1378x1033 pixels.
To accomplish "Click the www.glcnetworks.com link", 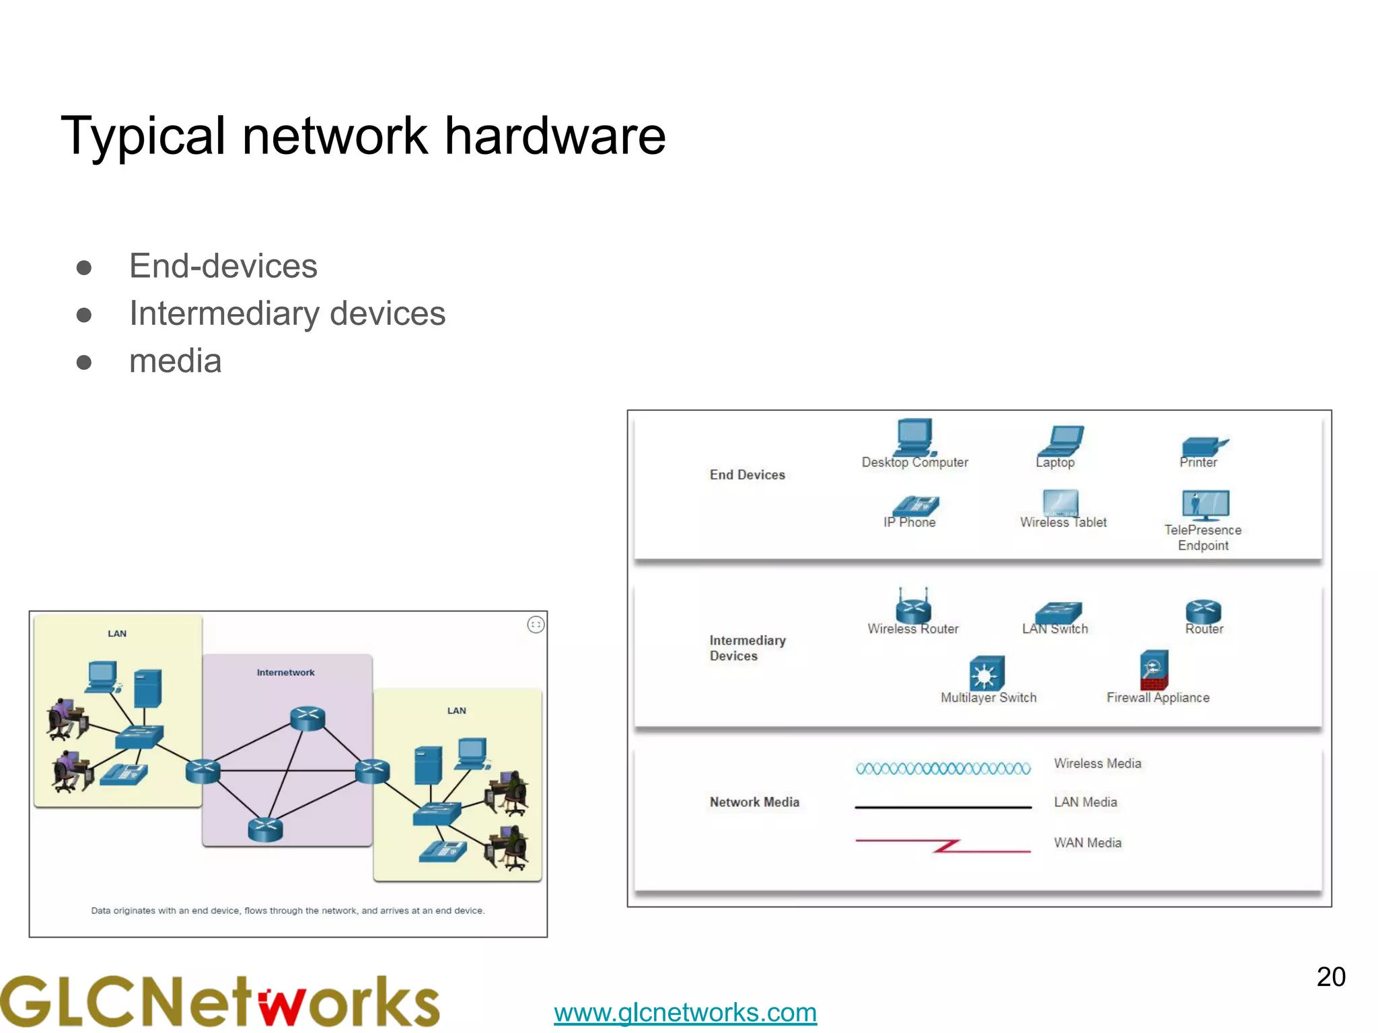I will pyautogui.click(x=685, y=1012).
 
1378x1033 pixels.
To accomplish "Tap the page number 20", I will pyautogui.click(x=1330, y=977).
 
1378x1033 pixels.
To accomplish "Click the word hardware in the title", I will pyautogui.click(x=555, y=136).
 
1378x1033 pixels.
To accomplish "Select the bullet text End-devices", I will pyautogui.click(x=223, y=266).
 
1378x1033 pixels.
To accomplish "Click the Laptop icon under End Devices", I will pyautogui.click(x=1060, y=441).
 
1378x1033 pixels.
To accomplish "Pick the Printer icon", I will pyautogui.click(x=1203, y=446).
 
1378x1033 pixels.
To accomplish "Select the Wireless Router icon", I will pyautogui.click(x=913, y=607).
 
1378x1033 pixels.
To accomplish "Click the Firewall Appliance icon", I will pyautogui.click(x=1154, y=670).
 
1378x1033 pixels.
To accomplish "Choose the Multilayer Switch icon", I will pyautogui.click(x=986, y=673).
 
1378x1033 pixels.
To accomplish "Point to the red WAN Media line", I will pyautogui.click(x=943, y=845).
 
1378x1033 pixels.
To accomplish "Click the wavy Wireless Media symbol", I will pyautogui.click(x=943, y=769).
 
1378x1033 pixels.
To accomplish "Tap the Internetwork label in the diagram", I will pyautogui.click(x=285, y=673).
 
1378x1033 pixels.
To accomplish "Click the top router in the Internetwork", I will pyautogui.click(x=307, y=718).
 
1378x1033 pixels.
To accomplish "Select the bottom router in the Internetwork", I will pyautogui.click(x=265, y=829).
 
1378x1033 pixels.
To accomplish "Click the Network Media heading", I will pyautogui.click(x=754, y=802).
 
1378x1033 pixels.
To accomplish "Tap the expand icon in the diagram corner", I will pyautogui.click(x=536, y=625).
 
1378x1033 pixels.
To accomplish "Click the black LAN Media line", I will pyautogui.click(x=943, y=806).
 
